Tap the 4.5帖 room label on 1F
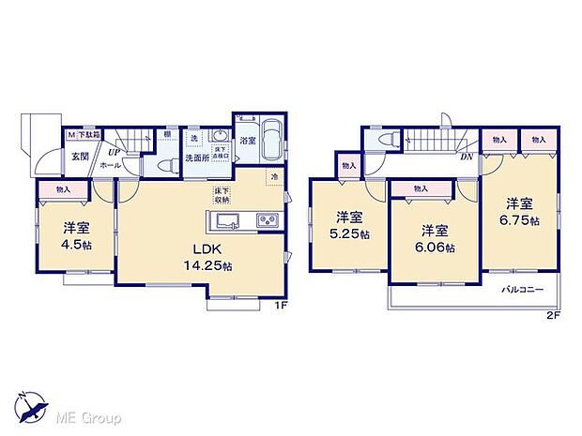[77, 235]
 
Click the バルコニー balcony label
[522, 290]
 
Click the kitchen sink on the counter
[229, 221]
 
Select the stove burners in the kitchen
[265, 221]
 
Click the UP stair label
[114, 151]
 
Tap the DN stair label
[467, 156]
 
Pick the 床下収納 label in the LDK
[222, 195]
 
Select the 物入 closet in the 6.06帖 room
[420, 188]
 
